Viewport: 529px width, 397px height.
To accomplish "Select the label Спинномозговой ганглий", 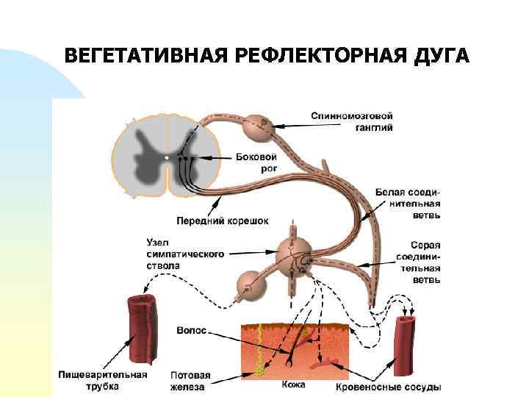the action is (x=351, y=121).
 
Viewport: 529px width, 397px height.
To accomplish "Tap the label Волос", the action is (x=192, y=331).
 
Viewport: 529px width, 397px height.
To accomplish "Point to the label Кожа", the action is (x=293, y=385).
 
